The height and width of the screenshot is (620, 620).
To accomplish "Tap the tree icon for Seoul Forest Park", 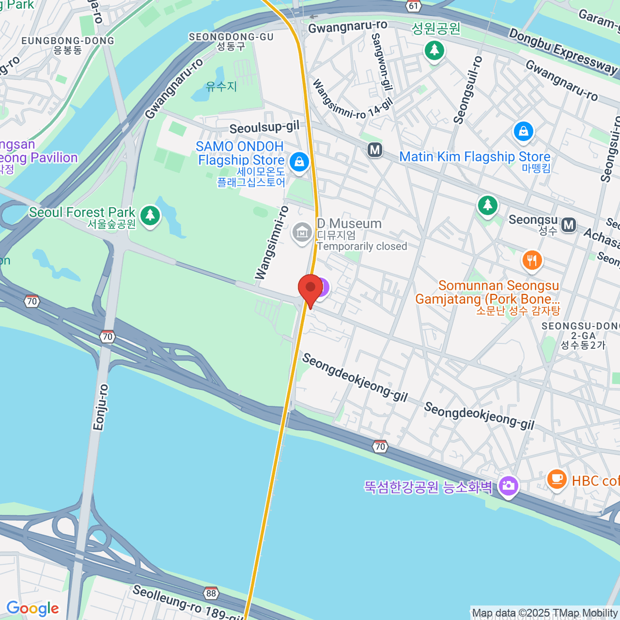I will point(150,215).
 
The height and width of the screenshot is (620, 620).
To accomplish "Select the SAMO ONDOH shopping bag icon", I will point(299,162).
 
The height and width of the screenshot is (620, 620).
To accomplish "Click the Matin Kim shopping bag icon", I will point(523,131).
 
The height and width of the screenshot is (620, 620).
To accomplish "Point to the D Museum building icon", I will point(302,233).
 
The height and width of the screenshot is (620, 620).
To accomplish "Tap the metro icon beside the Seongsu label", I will point(569,225).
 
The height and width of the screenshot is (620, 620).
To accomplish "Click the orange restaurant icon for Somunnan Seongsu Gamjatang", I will point(532,260).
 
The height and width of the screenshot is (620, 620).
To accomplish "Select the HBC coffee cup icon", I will point(556,478).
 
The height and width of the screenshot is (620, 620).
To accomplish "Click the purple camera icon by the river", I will point(508,486).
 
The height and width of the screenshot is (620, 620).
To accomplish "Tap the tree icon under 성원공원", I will point(434,50).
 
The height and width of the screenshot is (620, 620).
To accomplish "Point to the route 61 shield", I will point(414,6).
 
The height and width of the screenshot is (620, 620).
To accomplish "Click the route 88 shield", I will point(211,593).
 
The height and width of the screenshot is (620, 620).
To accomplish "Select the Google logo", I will point(33,609).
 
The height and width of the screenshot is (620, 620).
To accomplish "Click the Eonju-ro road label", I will point(101,408).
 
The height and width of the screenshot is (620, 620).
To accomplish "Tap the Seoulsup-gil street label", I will point(264,128).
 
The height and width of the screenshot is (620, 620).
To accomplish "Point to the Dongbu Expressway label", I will point(563,50).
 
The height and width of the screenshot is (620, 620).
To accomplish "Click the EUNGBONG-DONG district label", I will point(68,41).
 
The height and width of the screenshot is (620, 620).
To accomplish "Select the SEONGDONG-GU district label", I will point(231,37).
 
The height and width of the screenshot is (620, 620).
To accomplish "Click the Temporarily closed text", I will point(362,246).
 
